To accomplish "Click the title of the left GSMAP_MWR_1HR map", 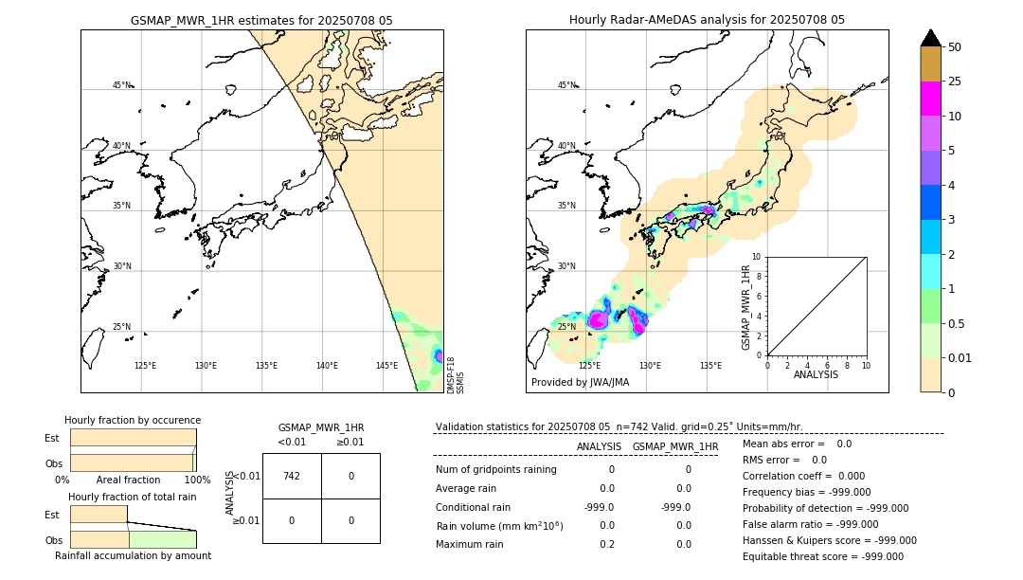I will (x=261, y=20).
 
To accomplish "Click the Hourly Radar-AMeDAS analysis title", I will (x=707, y=20).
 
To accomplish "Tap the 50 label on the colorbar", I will (x=955, y=47).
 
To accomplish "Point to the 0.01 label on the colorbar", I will (x=960, y=357).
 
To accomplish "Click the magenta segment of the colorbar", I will (x=930, y=99).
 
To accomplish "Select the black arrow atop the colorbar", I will (x=930, y=38).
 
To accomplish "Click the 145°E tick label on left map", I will (x=386, y=366).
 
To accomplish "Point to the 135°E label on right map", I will (x=710, y=366).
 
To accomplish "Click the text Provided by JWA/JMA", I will (x=580, y=382).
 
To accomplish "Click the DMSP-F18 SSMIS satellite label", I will (x=456, y=375).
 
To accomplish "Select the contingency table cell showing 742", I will (x=292, y=476).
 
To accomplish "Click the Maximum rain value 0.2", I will (x=607, y=544).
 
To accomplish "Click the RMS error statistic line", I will (x=784, y=460).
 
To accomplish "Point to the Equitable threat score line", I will (x=822, y=556).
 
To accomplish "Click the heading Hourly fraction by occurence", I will (x=133, y=420).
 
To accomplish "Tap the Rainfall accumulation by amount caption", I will (x=133, y=555).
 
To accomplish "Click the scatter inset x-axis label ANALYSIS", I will (x=816, y=374).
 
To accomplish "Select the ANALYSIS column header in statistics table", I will (x=599, y=446).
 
